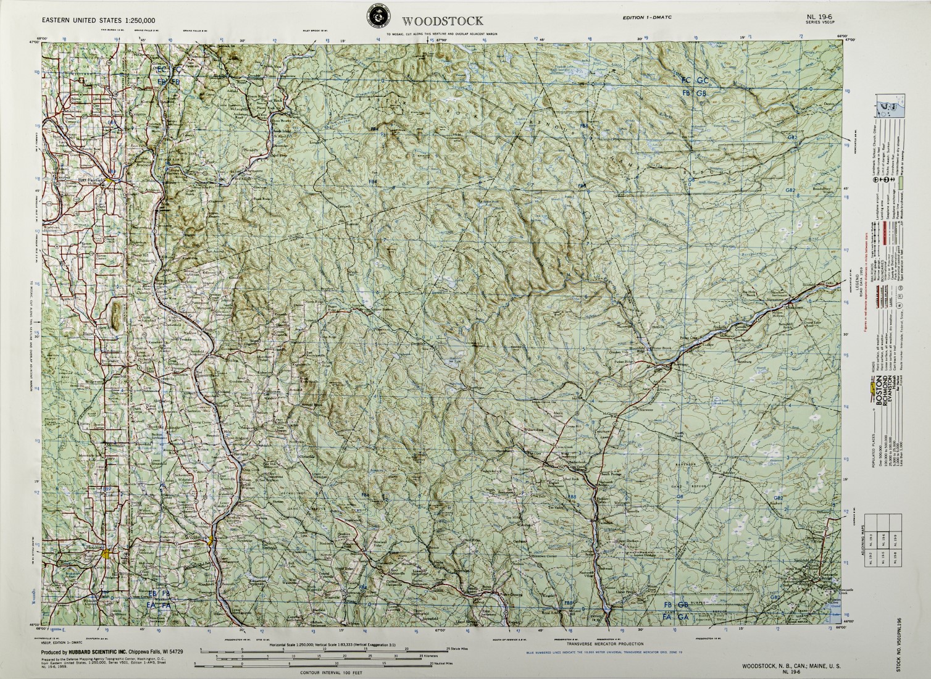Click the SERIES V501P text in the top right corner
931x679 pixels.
point(821,23)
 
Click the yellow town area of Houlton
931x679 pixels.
point(109,553)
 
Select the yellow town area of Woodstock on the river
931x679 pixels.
point(212,541)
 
